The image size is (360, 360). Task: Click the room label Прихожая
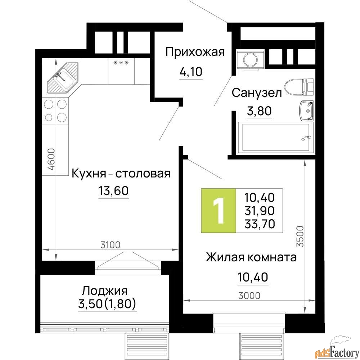point(195,52)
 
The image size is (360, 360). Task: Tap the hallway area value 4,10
point(191,72)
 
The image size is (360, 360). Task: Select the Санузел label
point(257,93)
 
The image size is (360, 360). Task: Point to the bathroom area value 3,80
point(259,111)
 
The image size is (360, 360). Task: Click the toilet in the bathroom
point(299,87)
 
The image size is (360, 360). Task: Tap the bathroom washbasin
point(306,111)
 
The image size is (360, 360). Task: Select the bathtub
point(275,137)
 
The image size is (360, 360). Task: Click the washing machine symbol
point(250,59)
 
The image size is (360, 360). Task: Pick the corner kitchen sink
point(62,78)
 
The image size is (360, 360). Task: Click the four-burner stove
point(55,111)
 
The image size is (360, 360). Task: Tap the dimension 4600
point(52,159)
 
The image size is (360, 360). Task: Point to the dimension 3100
point(111,245)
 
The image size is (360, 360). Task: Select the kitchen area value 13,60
point(113,190)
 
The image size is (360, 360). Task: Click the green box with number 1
point(219,211)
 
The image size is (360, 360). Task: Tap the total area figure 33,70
point(260,224)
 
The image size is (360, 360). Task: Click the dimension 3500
point(300,236)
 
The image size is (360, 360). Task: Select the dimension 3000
point(249,296)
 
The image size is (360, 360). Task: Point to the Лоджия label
point(105,291)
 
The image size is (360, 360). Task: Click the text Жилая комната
point(251,257)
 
